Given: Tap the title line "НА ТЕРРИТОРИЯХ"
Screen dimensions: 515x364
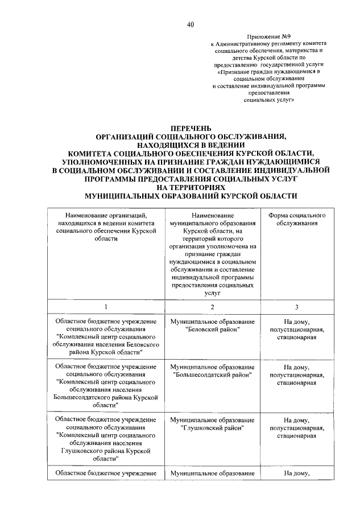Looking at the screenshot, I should [191, 187].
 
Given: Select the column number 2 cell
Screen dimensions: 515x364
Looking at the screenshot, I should [212, 307].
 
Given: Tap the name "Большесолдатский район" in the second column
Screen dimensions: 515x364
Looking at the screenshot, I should [212, 374].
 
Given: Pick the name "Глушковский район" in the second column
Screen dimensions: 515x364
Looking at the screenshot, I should [212, 427].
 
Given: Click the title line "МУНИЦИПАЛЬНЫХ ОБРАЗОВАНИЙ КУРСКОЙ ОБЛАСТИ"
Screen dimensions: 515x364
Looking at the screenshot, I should [191, 195].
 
